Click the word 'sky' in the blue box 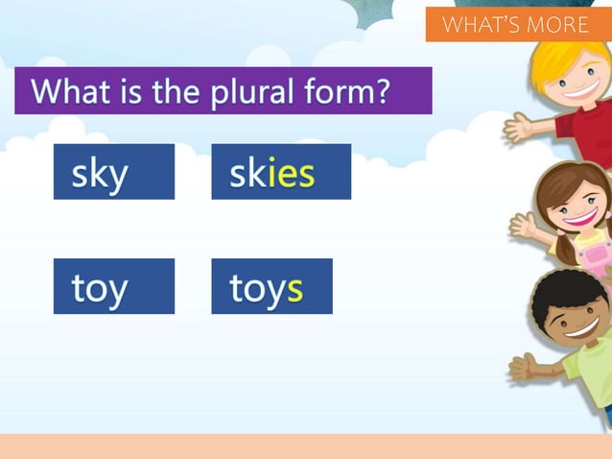pyautogui.click(x=100, y=174)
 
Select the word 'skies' pyautogui.click(x=271, y=174)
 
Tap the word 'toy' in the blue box pyautogui.click(x=100, y=288)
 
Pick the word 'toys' pyautogui.click(x=266, y=288)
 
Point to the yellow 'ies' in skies pyautogui.click(x=291, y=174)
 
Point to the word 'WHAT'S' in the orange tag pyautogui.click(x=477, y=24)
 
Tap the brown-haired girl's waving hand pyautogui.click(x=523, y=226)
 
